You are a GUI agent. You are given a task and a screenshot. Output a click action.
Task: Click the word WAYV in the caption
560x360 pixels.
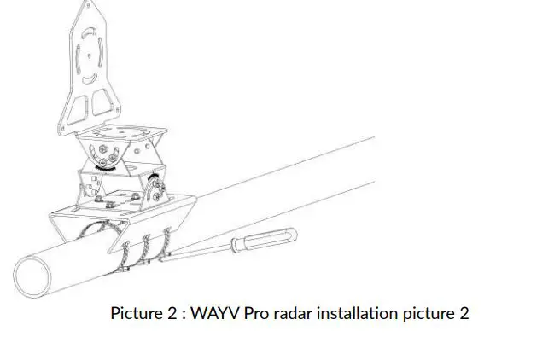[217, 313]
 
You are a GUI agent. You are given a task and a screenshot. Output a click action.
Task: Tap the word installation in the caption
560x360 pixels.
[356, 313]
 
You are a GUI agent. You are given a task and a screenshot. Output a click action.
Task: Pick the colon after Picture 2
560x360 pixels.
[181, 314]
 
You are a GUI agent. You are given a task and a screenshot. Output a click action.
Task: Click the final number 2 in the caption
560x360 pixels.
[464, 313]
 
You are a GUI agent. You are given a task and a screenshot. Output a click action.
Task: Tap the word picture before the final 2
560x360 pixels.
[429, 313]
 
